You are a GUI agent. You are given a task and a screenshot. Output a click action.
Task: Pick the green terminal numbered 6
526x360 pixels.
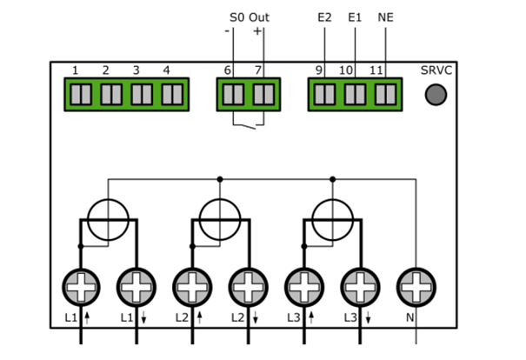tap(232, 92)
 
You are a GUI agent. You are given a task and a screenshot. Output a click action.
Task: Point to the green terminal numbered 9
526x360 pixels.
tap(323, 92)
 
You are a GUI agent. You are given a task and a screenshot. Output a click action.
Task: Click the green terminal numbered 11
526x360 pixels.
tap(384, 92)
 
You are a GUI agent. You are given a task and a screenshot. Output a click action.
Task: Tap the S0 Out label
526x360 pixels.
tap(249, 17)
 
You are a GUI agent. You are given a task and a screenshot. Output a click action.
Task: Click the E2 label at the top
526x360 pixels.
tap(324, 17)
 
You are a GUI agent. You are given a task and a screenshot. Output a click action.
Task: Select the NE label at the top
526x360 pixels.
tap(385, 17)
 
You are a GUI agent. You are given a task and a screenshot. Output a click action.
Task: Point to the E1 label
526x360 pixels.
tap(355, 17)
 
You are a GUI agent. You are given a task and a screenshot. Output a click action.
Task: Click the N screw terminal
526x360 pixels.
tap(416, 285)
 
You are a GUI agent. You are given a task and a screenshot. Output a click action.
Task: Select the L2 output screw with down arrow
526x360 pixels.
tap(249, 285)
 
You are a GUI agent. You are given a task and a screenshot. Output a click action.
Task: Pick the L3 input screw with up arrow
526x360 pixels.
tap(304, 285)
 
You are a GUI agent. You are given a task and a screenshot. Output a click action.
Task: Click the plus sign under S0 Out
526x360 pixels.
tap(259, 31)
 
